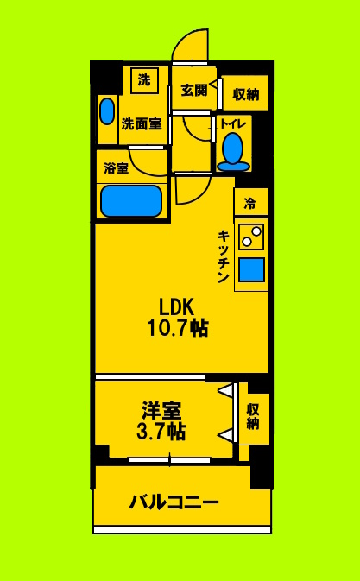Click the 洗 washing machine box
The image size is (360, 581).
point(144,80)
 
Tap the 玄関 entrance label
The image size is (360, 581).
point(194,89)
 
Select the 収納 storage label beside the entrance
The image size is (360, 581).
point(245,94)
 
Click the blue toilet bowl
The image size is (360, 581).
point(232,151)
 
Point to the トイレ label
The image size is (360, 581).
point(233,123)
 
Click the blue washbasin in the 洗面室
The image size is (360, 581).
point(106,111)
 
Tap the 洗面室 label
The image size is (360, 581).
point(141,123)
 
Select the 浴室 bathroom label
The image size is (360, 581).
point(117,168)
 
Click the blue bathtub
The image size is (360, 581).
point(131,200)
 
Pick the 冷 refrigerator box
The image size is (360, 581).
point(250,204)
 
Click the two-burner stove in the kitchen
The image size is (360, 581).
point(251,236)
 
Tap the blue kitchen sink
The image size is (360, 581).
point(251,271)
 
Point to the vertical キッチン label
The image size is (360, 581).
point(223,256)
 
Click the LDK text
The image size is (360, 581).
point(176,306)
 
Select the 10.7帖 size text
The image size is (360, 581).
point(177,328)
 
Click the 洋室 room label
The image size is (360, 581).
point(161,410)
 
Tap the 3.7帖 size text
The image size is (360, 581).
point(161,432)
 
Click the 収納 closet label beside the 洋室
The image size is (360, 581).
point(253,416)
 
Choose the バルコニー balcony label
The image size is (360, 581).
point(174,502)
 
